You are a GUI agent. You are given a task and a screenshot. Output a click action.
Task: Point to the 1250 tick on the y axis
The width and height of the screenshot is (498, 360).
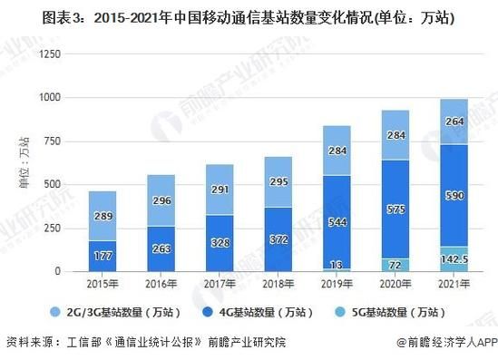coord(50,54)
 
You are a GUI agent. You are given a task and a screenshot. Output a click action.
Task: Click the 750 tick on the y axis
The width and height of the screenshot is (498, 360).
coord(54,141)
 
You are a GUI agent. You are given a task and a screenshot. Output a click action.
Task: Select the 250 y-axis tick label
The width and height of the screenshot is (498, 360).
coord(54,228)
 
